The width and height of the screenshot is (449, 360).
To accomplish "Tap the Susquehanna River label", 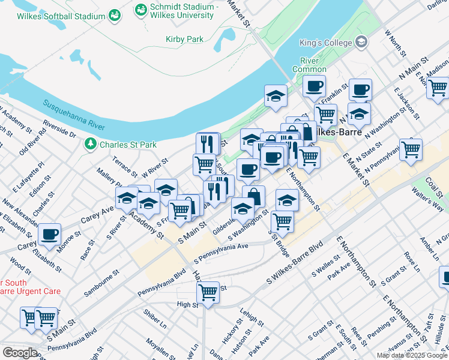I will point(74,114).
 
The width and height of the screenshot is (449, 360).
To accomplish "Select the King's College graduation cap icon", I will point(361,41).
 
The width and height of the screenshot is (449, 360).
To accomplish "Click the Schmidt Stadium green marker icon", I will point(141,10).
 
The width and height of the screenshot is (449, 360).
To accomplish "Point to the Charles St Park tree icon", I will point(90,144).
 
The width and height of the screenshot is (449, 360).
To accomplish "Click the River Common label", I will point(309,65).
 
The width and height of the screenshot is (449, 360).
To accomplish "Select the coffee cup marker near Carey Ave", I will point(49,233).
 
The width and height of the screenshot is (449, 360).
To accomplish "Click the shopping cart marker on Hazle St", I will point(208,292).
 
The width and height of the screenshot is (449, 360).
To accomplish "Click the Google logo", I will point(19,353).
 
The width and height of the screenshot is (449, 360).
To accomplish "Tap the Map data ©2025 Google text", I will point(411,355).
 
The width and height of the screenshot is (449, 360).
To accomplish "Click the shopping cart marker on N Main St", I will point(438,88).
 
